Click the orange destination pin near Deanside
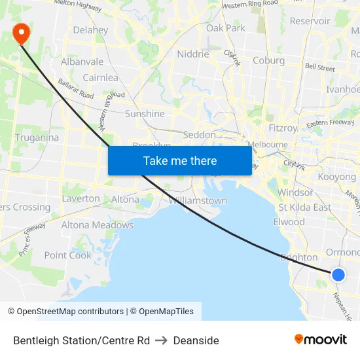(x=20, y=33)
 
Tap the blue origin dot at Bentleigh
(x=338, y=275)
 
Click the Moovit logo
(x=320, y=339)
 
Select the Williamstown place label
(x=198, y=200)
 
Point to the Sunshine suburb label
(x=145, y=113)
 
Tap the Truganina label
(x=37, y=137)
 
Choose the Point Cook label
(x=67, y=255)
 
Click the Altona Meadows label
(x=97, y=225)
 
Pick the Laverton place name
(x=81, y=198)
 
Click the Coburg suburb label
(x=268, y=60)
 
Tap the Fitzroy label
(x=283, y=128)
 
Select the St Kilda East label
(x=304, y=207)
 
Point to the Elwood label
(x=289, y=221)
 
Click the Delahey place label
(x=90, y=30)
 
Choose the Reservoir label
(x=310, y=21)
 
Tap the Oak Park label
(x=225, y=28)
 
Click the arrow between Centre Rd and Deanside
(x=161, y=340)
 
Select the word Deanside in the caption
(x=196, y=340)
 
